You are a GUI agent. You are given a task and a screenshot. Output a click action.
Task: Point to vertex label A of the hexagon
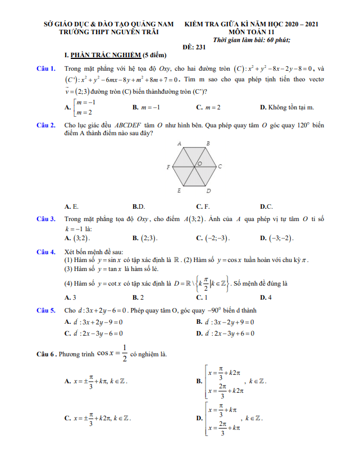coord(180,144)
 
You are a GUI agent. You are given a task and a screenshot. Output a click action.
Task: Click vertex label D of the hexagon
coord(208,191)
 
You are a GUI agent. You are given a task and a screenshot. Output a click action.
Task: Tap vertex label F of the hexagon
coord(168,167)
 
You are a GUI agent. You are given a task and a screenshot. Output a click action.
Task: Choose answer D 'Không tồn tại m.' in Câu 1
coord(287,107)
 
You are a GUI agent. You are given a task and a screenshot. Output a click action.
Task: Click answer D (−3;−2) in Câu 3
coord(281,238)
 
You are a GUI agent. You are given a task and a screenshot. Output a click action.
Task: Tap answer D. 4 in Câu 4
coord(266,297)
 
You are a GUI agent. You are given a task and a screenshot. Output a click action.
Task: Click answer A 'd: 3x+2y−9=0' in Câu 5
coord(94,322)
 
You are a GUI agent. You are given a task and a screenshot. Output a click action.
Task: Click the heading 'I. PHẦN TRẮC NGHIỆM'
coord(104,55)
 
